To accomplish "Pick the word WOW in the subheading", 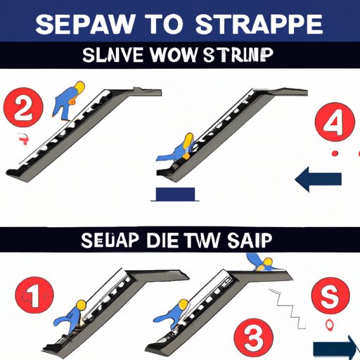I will (180, 56).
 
